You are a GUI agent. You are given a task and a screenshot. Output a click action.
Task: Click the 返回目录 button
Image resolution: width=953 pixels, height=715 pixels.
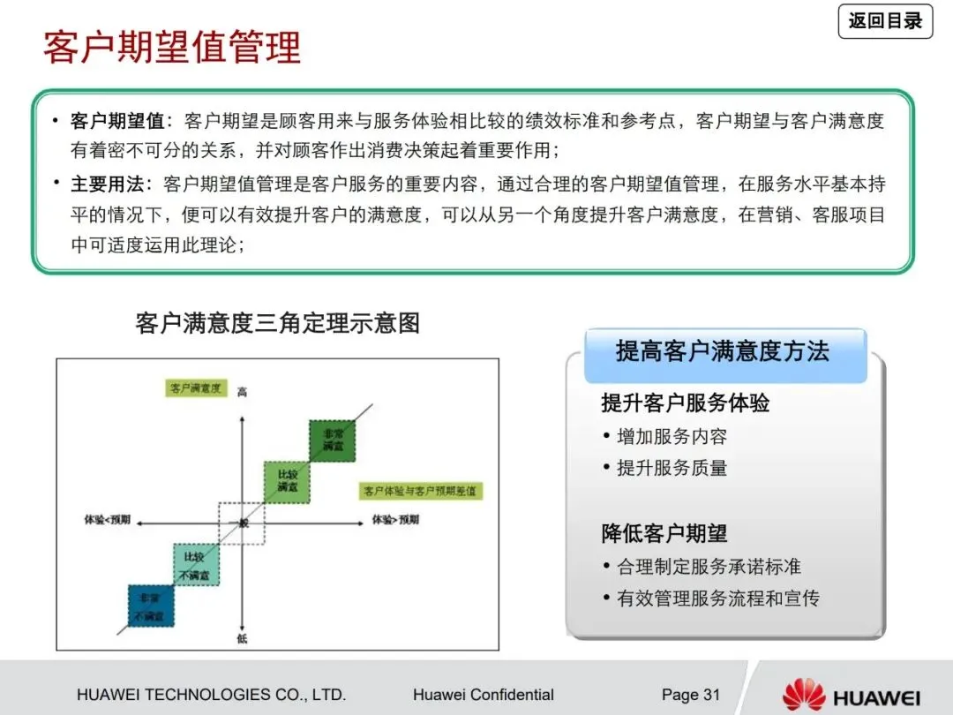coord(885,21)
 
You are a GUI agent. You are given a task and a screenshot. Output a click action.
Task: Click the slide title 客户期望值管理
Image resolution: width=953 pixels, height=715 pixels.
coord(172,46)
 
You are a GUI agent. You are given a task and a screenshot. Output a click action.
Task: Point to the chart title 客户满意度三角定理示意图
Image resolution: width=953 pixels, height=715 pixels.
coord(277,322)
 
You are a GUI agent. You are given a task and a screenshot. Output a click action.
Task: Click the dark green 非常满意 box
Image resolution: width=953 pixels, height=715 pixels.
coord(332,440)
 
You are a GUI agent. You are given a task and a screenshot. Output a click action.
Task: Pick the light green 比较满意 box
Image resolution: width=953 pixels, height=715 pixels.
coord(287,481)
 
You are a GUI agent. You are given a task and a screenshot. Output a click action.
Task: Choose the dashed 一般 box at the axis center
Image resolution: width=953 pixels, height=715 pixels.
coord(241,523)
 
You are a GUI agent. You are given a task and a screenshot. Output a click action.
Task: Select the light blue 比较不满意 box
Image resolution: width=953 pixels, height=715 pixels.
coord(196,566)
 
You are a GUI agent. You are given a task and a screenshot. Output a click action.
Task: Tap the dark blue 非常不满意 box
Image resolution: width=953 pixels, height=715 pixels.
coord(151,606)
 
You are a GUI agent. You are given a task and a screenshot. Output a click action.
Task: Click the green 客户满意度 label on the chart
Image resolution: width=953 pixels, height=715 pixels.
coord(196,388)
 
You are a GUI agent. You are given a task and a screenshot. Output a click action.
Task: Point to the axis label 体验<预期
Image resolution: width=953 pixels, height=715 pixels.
coord(108,520)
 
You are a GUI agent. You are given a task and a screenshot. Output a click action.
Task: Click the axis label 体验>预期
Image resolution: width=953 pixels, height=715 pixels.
coord(394,520)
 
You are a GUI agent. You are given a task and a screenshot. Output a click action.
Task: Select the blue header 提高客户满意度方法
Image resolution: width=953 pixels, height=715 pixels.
coord(723,352)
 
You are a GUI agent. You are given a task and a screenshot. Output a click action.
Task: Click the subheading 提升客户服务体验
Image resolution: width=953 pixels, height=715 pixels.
coord(686,403)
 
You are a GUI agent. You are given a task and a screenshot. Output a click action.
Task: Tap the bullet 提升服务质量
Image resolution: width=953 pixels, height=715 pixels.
coord(672,468)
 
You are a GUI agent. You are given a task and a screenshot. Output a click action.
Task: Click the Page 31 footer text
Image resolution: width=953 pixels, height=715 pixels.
coord(691,695)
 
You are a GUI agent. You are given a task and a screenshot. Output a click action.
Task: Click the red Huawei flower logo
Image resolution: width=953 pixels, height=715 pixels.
coord(803,695)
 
